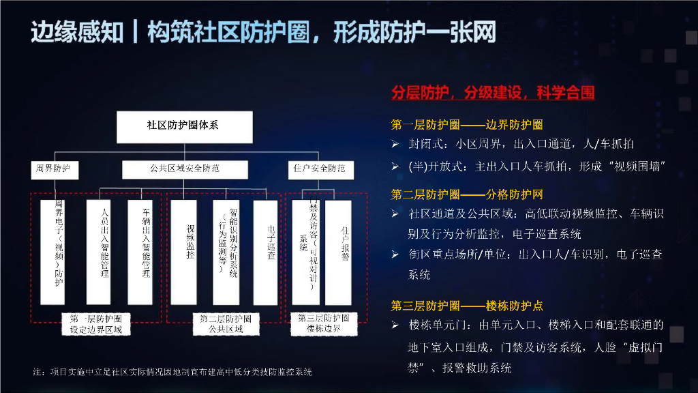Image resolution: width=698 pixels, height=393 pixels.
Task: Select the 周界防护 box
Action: pos(55,168)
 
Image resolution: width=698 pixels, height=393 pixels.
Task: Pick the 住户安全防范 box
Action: pos(319,168)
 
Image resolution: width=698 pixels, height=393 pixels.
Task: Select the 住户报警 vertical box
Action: pos(344,252)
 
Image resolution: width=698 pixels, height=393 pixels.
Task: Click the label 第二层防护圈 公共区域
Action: pos(226,324)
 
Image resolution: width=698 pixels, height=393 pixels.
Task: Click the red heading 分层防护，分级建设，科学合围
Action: pos(493,93)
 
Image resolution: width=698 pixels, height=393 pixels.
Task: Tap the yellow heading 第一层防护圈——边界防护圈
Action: pos(467,125)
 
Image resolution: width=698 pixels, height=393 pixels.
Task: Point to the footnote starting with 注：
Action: pos(172,373)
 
